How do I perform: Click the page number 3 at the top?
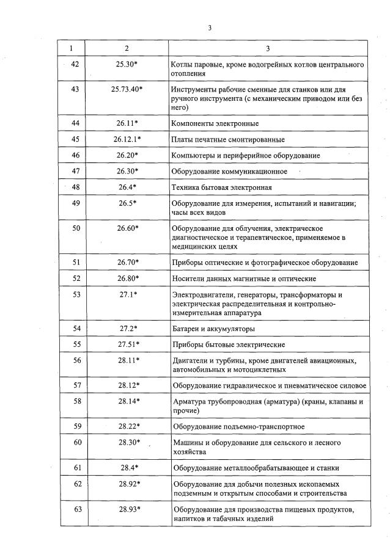[x=210, y=27]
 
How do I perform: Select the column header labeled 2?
[x=127, y=48]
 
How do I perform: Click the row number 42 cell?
[x=76, y=64]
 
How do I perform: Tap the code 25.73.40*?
[x=127, y=89]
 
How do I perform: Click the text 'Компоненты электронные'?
[x=211, y=123]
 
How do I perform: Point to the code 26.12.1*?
[x=127, y=139]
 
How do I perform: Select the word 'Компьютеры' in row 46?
[x=193, y=156]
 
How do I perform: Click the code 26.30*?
[x=128, y=171]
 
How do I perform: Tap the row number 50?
[x=76, y=228]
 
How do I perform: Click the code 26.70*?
[x=128, y=263]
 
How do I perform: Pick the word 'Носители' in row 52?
[x=188, y=278]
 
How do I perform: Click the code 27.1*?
[x=128, y=294]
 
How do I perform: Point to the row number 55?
[x=76, y=344]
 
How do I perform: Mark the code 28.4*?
[x=128, y=468]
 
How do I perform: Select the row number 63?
[x=76, y=509]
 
